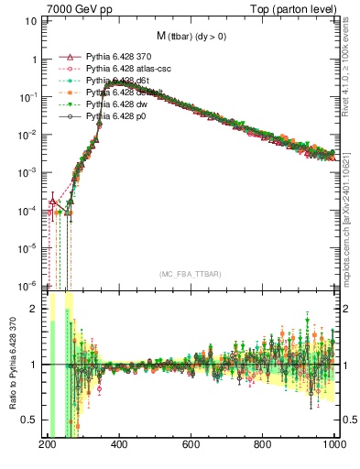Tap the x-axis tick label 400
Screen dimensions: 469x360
click(x=119, y=444)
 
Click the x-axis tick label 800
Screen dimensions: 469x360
click(x=263, y=444)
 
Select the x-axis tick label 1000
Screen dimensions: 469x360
click(x=333, y=444)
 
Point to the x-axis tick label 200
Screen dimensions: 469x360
click(x=48, y=444)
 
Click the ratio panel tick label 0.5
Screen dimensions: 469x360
click(x=29, y=420)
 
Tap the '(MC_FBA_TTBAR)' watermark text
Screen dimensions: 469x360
click(x=191, y=275)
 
